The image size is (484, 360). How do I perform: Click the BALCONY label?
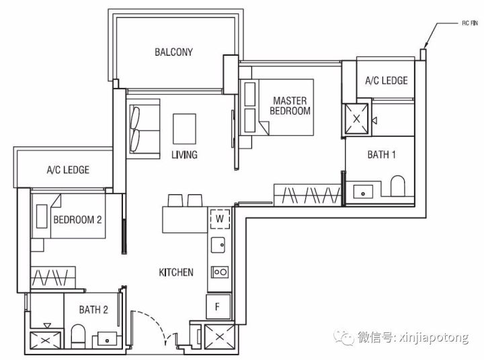[x=174, y=52]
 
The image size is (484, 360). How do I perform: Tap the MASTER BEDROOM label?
[x=290, y=105]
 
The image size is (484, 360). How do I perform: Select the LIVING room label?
[x=184, y=154]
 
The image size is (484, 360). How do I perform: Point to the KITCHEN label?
[x=176, y=272]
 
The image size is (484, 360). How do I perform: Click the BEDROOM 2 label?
[x=77, y=220]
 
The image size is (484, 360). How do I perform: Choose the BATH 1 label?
[x=382, y=154]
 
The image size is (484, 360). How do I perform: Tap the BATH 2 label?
[x=93, y=310]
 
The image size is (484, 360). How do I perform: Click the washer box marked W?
[x=220, y=219]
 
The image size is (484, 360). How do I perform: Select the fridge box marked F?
[x=218, y=307]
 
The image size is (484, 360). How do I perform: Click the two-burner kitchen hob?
[x=220, y=272]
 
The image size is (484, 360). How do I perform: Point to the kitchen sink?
[x=218, y=245]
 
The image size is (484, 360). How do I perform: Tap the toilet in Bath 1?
[x=397, y=186]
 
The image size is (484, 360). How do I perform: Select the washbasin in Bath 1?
[x=363, y=191]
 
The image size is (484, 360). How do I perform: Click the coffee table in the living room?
[x=184, y=129]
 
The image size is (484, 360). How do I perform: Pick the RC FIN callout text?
[x=470, y=23]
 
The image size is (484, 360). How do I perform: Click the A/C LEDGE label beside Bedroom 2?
[x=68, y=170]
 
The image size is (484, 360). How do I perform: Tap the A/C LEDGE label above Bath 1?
[x=386, y=81]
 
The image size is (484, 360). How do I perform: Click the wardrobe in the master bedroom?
[x=307, y=195]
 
